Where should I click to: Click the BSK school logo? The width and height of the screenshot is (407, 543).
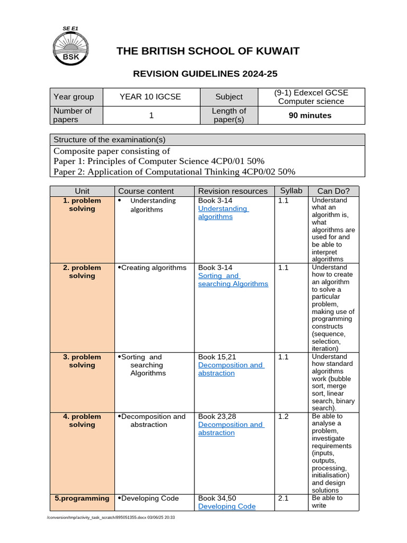[74, 47]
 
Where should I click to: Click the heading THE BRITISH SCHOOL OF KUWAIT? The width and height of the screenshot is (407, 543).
[208, 51]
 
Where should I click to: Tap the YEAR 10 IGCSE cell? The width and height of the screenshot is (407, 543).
[151, 97]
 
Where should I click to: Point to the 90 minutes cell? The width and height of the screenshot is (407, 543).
[310, 115]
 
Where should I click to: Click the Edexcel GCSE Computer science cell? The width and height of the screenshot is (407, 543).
[311, 97]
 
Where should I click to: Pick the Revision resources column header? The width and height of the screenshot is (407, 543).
[233, 191]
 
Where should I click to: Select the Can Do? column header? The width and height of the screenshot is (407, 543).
[333, 191]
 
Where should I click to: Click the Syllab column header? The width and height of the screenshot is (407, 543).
[291, 190]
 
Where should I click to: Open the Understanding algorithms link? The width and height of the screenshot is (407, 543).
[223, 213]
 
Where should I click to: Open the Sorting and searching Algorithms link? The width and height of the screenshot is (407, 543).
[233, 280]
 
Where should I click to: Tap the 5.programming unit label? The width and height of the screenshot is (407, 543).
[82, 498]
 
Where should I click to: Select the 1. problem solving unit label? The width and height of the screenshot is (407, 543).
[82, 205]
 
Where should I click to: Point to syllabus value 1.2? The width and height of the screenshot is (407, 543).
[284, 417]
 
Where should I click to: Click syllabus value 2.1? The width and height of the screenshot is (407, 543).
[284, 498]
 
